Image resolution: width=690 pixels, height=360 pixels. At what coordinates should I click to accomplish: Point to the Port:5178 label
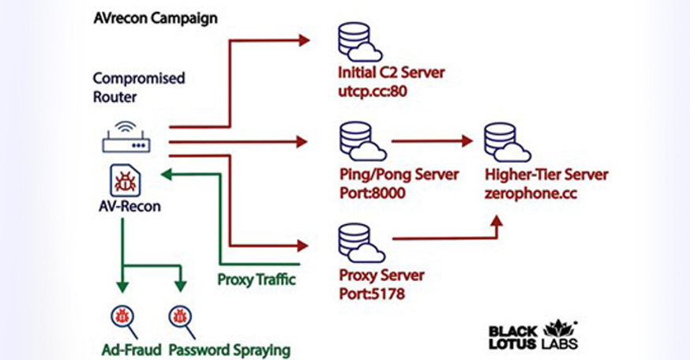(x=371, y=293)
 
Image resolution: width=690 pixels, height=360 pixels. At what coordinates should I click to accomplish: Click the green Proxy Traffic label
(x=257, y=279)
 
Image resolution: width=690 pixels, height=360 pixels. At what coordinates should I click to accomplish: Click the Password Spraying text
(x=230, y=348)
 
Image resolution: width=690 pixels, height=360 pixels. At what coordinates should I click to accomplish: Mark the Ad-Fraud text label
(x=131, y=348)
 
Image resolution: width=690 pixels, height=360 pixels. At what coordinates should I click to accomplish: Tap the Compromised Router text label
(x=139, y=87)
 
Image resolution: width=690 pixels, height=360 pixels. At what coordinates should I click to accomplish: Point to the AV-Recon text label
(x=129, y=207)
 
